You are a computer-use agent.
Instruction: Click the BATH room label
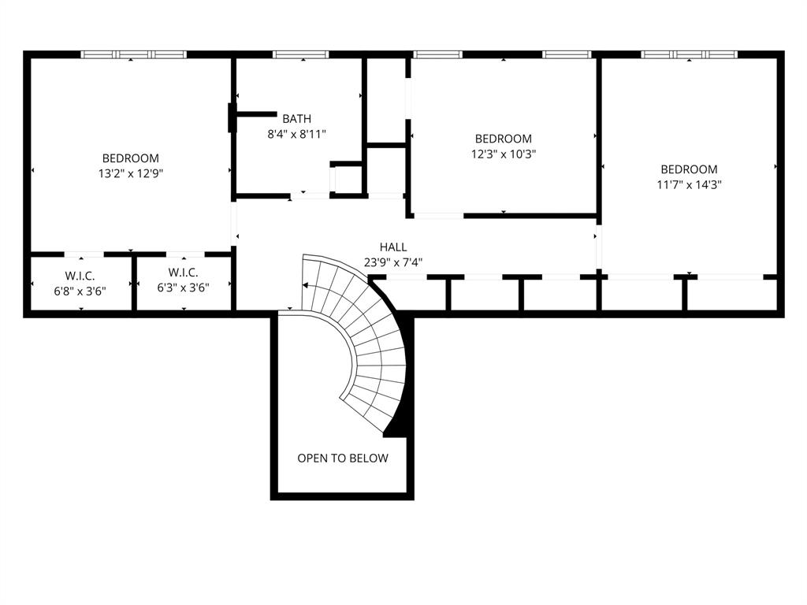(x=296, y=119)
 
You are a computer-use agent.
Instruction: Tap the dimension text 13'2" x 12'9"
(x=131, y=173)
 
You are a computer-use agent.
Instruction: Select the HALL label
(x=393, y=247)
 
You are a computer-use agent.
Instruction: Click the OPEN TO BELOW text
(x=343, y=458)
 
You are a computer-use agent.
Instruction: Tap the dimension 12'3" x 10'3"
(x=503, y=154)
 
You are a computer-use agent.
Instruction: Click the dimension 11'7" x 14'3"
(x=689, y=185)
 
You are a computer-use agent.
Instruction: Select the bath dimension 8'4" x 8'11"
(x=296, y=134)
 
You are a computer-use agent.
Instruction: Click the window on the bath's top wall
(x=299, y=54)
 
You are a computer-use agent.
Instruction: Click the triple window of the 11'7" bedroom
(x=689, y=54)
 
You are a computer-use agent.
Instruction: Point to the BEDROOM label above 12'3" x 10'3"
(x=503, y=139)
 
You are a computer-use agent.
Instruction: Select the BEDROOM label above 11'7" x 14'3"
(x=689, y=169)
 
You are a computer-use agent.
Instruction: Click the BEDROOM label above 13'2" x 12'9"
(x=131, y=158)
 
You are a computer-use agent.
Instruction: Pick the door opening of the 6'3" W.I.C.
(x=184, y=254)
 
